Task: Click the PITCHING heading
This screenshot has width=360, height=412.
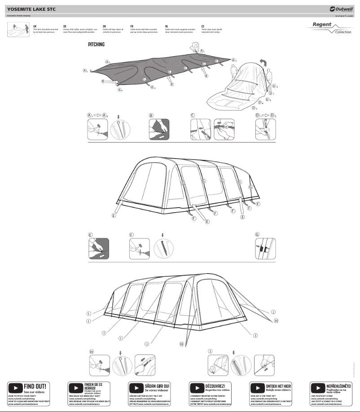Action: [96, 44]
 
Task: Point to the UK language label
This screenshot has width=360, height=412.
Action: [35, 27]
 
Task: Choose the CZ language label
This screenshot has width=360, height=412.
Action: [203, 27]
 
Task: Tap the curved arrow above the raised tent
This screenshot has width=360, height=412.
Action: [263, 62]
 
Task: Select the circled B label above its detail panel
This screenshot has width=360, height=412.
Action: [151, 115]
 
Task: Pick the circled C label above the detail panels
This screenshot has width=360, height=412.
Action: [193, 115]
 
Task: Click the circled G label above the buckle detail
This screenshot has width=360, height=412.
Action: [257, 235]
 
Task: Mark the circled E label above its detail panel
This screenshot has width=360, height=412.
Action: [90, 235]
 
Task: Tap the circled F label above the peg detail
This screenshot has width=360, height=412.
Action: [132, 235]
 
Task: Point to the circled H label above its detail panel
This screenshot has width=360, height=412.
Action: [91, 351]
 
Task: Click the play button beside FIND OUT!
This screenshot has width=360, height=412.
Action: [16, 387]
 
